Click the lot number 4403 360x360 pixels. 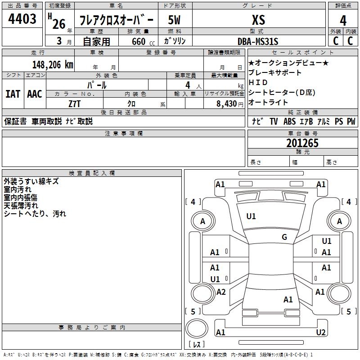pos(22,19)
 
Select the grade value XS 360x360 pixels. pos(258,20)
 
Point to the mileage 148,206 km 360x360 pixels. pos(53,65)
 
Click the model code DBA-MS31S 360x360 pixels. pos(258,42)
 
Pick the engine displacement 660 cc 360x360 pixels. pos(138,42)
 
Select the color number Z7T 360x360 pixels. pos(75,103)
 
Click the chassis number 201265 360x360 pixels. pos(302,143)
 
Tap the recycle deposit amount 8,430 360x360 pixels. pos(224,103)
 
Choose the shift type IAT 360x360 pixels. pos(13,94)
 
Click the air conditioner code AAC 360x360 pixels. pos(35,94)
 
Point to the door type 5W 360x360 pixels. pos(175,20)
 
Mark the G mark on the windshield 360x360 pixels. pos(284,237)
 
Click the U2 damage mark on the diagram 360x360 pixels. pos(321,333)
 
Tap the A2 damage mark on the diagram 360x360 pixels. pos(221,292)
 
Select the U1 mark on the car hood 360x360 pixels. pos(251,216)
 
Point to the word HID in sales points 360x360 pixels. pos(258,83)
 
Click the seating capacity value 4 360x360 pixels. pos(187,85)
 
